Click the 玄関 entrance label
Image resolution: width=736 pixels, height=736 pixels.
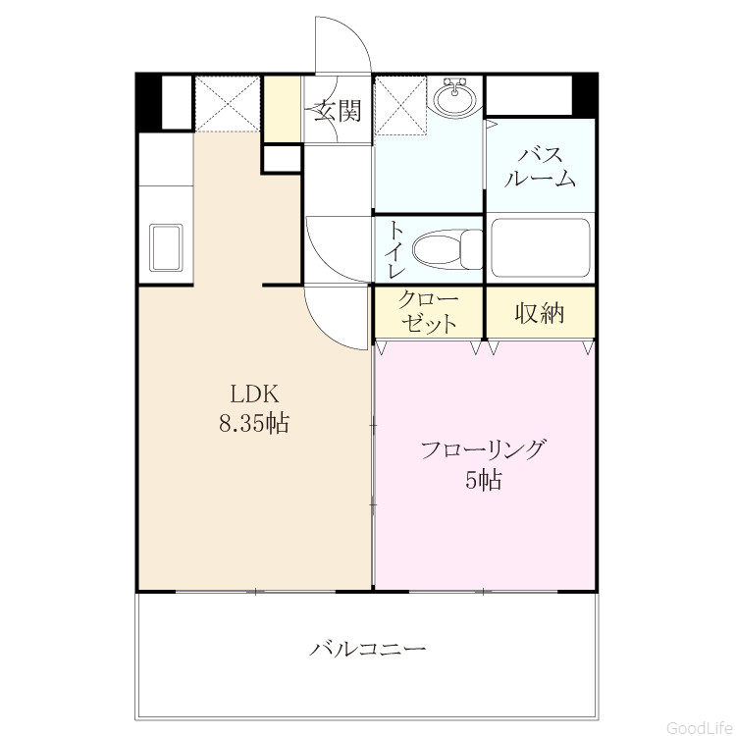[338, 112]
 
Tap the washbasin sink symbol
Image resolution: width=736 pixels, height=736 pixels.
[454, 97]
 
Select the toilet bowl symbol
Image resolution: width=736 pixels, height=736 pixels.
[447, 249]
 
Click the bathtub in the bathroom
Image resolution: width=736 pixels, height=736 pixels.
[540, 248]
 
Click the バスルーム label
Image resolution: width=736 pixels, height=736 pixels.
[540, 167]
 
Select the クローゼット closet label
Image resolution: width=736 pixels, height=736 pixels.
[428, 312]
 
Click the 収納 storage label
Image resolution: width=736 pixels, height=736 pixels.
[540, 313]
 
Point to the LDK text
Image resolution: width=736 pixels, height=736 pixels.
[254, 394]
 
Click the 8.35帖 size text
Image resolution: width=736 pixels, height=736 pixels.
[254, 423]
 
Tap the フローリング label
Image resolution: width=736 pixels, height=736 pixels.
[484, 449]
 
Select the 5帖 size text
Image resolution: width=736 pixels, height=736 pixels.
[484, 480]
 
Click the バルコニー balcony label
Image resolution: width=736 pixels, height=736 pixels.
[368, 650]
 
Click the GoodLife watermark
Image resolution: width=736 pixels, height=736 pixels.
[701, 726]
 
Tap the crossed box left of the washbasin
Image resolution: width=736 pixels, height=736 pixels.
[400, 105]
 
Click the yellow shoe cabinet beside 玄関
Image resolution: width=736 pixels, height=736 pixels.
[282, 109]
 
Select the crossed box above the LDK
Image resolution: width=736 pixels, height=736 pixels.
[228, 103]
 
